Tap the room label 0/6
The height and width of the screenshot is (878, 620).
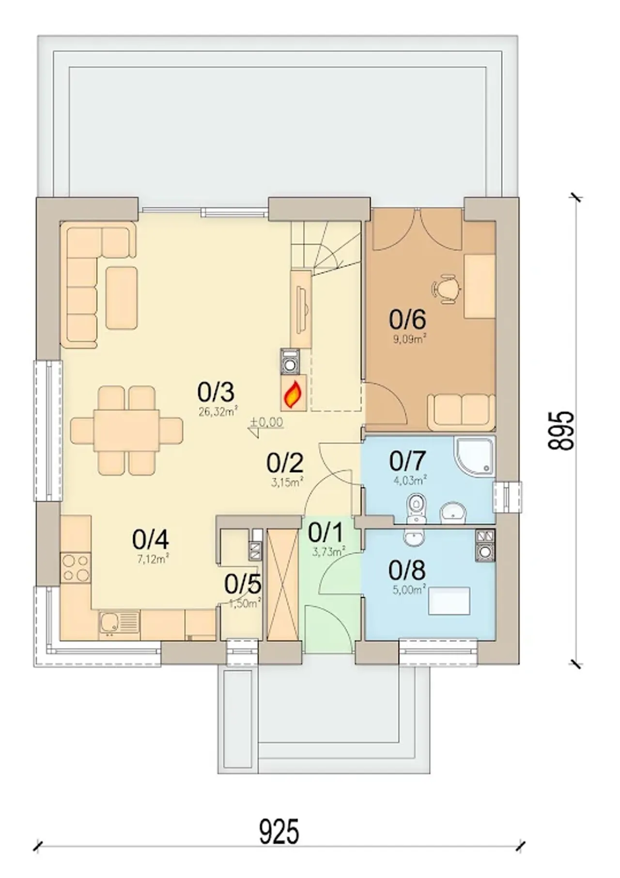click(x=407, y=319)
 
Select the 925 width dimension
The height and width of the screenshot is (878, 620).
click(x=279, y=832)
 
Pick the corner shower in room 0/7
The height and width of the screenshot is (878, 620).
click(x=474, y=455)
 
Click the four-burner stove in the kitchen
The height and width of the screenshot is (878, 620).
click(x=76, y=568)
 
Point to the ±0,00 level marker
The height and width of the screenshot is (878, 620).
click(x=266, y=425)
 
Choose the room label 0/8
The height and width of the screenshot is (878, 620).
click(x=407, y=571)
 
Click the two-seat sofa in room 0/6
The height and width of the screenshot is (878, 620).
click(x=461, y=412)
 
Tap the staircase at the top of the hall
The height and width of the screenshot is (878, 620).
click(x=325, y=248)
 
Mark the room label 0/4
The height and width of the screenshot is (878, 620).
click(x=151, y=539)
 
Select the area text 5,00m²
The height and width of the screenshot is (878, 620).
click(x=409, y=590)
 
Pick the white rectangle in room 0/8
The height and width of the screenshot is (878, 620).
click(x=450, y=601)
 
